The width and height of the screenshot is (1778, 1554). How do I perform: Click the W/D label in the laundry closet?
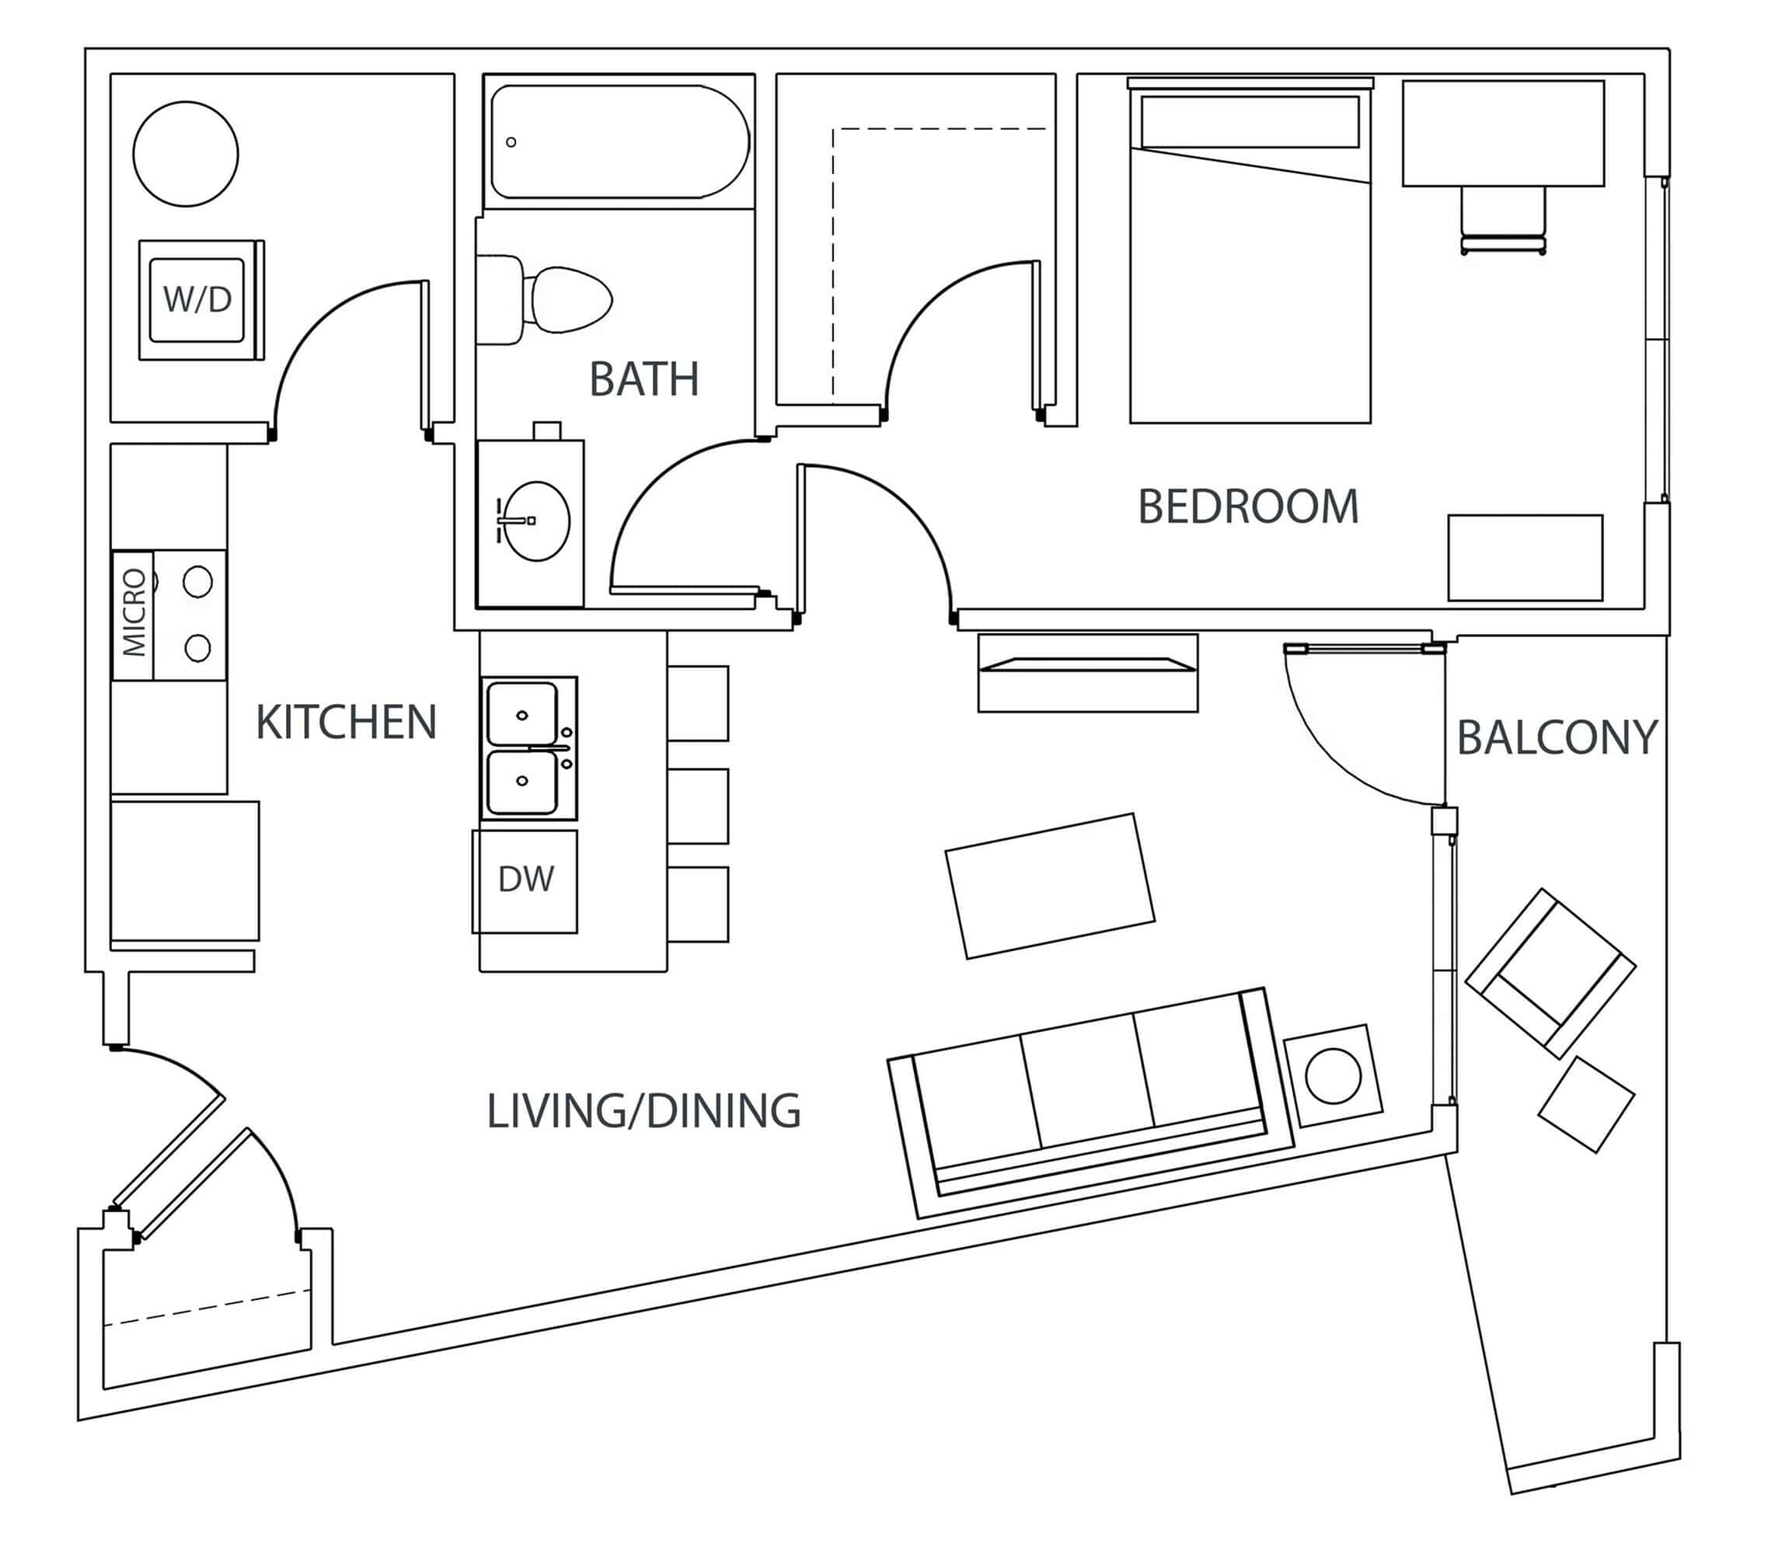pyautogui.click(x=197, y=299)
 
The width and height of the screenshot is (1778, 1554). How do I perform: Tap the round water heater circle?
pyautogui.click(x=186, y=154)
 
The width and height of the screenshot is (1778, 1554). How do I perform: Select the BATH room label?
pyautogui.click(x=643, y=379)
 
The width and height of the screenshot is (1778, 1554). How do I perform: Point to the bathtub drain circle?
pyautogui.click(x=511, y=142)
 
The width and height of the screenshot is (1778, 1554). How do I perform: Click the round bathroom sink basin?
pyautogui.click(x=538, y=521)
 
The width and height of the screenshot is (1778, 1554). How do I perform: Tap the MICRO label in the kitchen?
pyautogui.click(x=134, y=613)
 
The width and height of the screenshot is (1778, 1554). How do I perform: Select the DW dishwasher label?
pyautogui.click(x=525, y=880)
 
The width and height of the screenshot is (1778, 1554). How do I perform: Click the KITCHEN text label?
pyautogui.click(x=346, y=723)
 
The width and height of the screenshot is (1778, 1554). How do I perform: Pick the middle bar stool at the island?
pyautogui.click(x=698, y=806)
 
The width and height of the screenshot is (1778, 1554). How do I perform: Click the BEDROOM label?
pyautogui.click(x=1247, y=507)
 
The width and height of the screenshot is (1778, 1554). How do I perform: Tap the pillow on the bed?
pyautogui.click(x=1250, y=122)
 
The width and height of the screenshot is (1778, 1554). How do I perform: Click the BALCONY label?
pyautogui.click(x=1557, y=738)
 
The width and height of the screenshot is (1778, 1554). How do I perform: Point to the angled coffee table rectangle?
pyautogui.click(x=1049, y=887)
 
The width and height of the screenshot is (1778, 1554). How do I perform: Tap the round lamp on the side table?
pyautogui.click(x=1333, y=1075)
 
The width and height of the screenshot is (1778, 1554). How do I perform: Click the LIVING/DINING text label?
pyautogui.click(x=643, y=1111)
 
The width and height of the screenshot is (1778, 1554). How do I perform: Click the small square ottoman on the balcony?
pyautogui.click(x=1586, y=1105)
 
